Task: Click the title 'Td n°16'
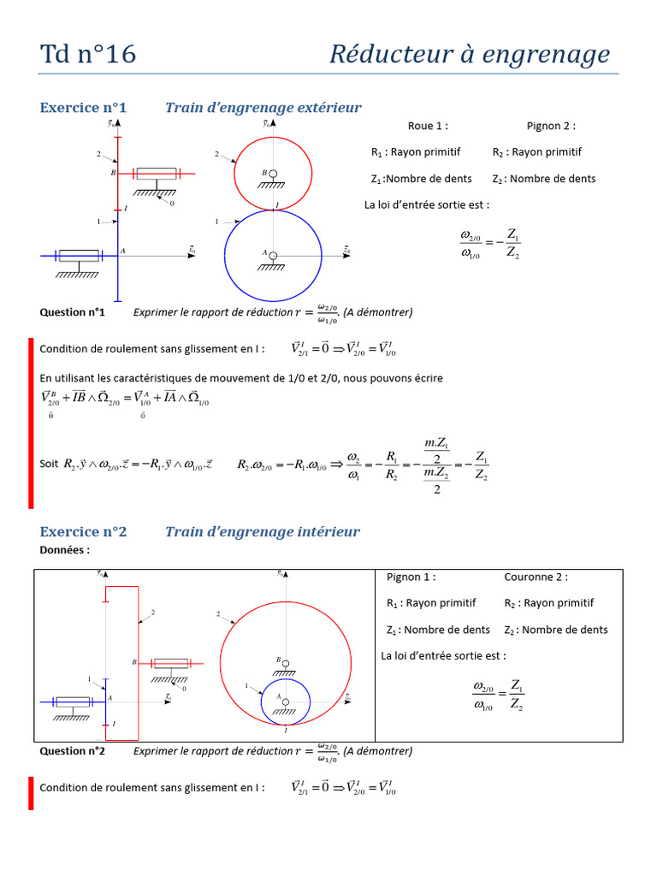click(88, 55)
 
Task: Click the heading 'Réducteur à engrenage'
click(470, 55)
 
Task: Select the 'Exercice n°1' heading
click(83, 108)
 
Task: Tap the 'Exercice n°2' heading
click(83, 532)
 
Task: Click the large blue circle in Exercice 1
click(226, 253)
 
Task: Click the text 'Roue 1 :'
click(428, 126)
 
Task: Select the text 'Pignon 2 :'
click(551, 126)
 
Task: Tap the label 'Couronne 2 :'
click(536, 577)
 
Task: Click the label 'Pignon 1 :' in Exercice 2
click(411, 577)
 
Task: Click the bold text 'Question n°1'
click(72, 312)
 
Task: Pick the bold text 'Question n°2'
click(72, 751)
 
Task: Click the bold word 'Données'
click(64, 550)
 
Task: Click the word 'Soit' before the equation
click(50, 464)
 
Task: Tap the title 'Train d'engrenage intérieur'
click(263, 532)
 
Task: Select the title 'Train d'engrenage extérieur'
click(263, 108)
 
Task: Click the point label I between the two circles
click(277, 204)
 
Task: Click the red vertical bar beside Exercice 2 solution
click(31, 792)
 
